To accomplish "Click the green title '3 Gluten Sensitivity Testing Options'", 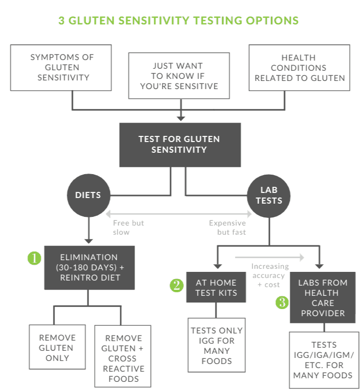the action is coord(178,20).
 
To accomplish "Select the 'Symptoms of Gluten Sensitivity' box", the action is coord(61,68).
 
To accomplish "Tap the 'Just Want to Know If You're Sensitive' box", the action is coord(179,75).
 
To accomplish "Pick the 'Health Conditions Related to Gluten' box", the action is coord(299,68).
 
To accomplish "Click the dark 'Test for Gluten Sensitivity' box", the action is coord(180,145).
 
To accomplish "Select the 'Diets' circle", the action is coord(89,195).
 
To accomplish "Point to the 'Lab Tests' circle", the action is coord(269,195).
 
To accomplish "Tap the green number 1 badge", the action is coord(35,258).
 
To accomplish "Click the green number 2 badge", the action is coord(177,285).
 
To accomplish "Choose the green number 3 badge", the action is coord(282,302).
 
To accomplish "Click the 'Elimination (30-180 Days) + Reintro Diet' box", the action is coord(90,268).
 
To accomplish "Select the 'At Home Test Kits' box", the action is coord(216,287).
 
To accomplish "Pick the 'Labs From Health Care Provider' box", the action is coord(323,297).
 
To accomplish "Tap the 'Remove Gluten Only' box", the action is coord(58,347).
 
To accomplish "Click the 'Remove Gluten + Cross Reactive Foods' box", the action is coord(123,356).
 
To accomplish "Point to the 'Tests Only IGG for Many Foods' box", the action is coord(216,345).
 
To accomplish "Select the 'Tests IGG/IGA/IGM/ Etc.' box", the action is coord(324,360).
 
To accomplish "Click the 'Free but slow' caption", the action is coord(128,228).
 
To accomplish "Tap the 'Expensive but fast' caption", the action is coord(227,228).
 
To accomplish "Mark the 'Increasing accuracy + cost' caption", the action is coord(270,275).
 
